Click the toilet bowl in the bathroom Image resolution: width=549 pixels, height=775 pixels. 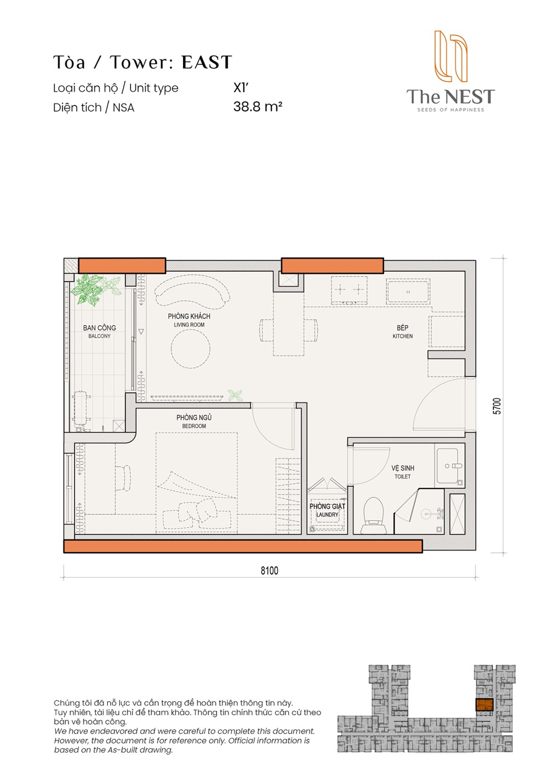tap(373, 515)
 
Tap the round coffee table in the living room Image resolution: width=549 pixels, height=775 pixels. tap(190, 349)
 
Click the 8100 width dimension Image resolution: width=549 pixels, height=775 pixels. tap(269, 570)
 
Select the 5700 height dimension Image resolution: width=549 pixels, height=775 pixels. tap(497, 406)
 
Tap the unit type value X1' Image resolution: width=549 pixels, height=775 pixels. tap(241, 88)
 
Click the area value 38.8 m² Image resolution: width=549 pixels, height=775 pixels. tap(258, 107)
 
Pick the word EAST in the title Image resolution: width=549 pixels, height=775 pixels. tap(207, 62)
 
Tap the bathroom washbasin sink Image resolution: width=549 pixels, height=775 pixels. tap(448, 466)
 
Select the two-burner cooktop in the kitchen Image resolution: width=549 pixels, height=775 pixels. tap(349, 290)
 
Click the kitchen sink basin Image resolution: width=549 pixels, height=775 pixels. tap(408, 292)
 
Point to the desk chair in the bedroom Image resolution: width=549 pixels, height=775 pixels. tap(122, 478)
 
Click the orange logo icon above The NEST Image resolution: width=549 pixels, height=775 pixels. tap(451, 56)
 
